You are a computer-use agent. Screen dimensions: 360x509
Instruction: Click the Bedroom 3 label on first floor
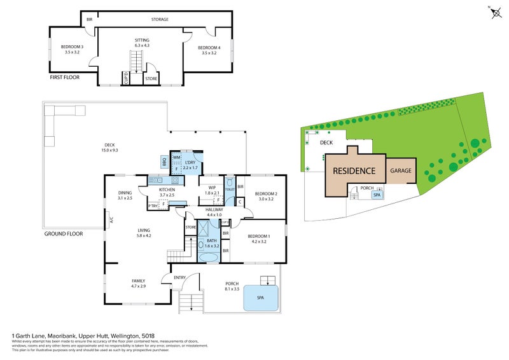72,50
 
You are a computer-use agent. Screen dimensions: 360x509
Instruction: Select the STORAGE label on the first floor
160,20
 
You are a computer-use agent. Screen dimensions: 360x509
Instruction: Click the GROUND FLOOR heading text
64,234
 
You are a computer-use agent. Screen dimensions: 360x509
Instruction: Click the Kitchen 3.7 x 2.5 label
167,193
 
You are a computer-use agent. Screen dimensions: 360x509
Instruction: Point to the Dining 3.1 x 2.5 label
125,195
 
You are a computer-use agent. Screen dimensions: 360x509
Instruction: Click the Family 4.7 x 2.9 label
138,283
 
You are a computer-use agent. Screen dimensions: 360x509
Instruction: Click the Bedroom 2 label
264,196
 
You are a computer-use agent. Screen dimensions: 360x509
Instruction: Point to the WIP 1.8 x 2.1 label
212,190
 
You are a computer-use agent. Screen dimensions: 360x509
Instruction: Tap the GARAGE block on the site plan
401,171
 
